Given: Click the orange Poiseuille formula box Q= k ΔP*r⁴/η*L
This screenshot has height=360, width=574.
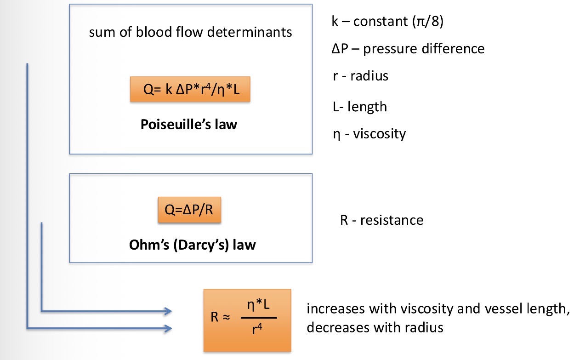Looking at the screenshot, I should [x=191, y=89].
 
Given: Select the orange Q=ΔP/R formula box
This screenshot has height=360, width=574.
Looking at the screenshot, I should [x=189, y=210].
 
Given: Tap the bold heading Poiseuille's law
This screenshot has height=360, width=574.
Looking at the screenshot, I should [x=189, y=124].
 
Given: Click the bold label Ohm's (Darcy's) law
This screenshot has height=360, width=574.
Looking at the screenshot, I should [x=192, y=245].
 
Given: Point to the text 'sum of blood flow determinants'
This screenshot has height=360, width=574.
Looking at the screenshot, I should [x=190, y=33].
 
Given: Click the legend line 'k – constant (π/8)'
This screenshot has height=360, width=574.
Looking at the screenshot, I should [x=387, y=22].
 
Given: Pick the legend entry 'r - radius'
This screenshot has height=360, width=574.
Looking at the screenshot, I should [x=360, y=75].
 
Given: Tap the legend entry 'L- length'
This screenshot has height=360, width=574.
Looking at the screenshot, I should [x=359, y=107].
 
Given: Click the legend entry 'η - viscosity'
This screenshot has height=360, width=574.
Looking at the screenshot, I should [x=369, y=134].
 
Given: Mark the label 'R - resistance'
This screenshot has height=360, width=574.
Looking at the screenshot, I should [x=381, y=220].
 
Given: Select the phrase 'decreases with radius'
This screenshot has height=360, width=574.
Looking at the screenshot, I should [x=375, y=327].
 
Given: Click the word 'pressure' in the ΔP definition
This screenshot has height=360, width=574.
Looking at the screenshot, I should [x=390, y=48].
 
